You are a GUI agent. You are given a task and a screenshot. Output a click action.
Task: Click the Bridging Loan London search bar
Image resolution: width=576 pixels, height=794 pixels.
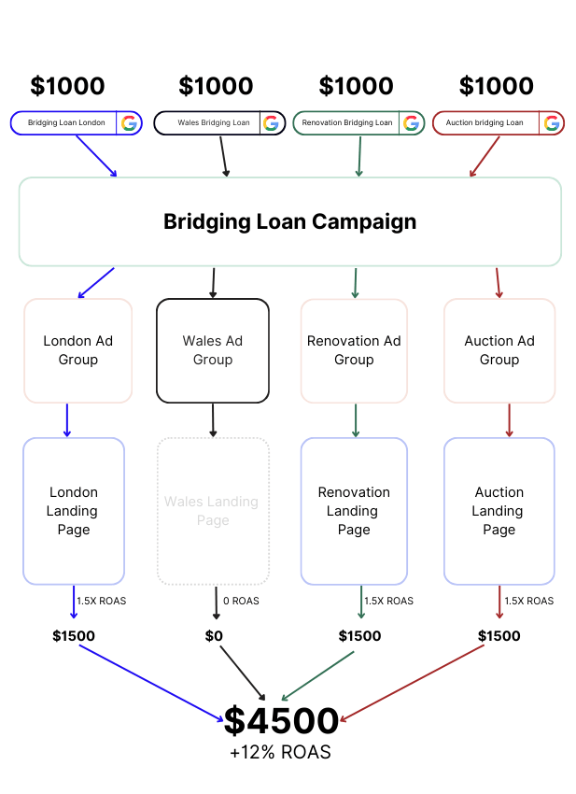(x=65, y=122)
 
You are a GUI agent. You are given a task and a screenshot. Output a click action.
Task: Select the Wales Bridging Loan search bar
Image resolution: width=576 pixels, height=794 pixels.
(x=207, y=122)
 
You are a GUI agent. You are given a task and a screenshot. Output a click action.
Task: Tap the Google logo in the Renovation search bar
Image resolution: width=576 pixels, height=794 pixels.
(x=412, y=122)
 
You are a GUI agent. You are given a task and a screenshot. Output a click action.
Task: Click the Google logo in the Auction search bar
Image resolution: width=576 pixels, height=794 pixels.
(x=552, y=122)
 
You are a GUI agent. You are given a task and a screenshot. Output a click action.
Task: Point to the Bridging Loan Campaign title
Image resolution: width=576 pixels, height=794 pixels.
(x=289, y=221)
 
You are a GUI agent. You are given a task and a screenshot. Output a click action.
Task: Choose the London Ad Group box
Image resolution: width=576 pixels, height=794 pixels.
(x=77, y=350)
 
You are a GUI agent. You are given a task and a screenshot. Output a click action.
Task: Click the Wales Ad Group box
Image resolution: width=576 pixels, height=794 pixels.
(x=213, y=350)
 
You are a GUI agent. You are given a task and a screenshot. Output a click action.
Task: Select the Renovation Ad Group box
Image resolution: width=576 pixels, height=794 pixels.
(x=354, y=350)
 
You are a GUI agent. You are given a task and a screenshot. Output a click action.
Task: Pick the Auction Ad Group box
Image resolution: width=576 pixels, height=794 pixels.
(x=499, y=350)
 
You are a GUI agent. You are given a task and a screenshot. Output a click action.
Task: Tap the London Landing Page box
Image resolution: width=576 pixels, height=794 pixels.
(x=74, y=511)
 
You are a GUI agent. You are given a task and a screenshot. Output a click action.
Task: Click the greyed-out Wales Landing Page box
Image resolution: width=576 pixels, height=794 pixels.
(x=213, y=511)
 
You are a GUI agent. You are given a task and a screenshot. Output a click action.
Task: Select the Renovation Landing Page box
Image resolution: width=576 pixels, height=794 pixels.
(x=354, y=511)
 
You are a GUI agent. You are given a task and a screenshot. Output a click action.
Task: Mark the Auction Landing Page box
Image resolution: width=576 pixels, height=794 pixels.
(x=499, y=511)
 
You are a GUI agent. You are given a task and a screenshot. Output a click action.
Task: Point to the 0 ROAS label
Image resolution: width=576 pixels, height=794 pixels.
(x=241, y=602)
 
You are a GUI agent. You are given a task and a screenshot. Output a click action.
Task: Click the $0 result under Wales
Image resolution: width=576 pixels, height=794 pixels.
(x=214, y=636)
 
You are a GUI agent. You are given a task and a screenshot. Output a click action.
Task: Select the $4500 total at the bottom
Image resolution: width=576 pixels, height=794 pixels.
(x=281, y=721)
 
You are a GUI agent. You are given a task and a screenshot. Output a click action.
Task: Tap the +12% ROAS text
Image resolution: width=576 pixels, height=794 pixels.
(x=280, y=752)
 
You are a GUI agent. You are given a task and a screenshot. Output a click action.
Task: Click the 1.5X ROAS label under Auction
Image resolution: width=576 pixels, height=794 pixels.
(x=528, y=602)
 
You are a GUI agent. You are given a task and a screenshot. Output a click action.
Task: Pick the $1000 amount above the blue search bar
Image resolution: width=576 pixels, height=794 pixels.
(x=67, y=86)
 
